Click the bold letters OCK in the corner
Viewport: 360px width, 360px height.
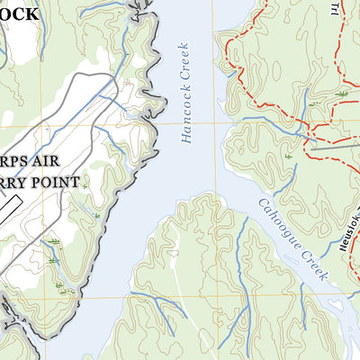(18, 14)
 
